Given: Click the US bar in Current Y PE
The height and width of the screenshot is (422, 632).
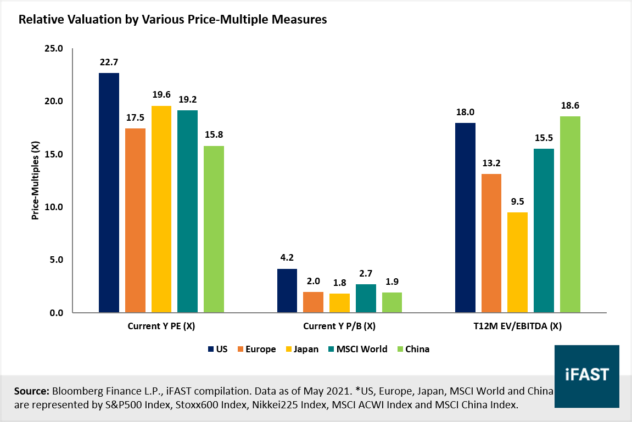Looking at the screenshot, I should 109,193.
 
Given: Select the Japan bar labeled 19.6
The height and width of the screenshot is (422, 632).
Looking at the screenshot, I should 161,209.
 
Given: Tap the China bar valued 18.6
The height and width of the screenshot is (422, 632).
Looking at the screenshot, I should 570,215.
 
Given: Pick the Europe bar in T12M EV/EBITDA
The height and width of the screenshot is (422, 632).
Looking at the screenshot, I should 491,243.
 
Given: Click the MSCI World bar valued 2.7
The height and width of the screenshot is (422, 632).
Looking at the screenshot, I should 366,299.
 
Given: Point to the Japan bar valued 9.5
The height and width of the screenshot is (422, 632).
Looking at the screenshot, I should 517,262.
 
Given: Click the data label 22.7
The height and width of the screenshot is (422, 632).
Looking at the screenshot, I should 109,62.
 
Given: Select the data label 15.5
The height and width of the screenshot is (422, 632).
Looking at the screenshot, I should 544,138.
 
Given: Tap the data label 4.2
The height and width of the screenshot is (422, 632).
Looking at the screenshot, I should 287,258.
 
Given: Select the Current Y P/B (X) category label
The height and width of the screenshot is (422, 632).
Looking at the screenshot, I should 339,327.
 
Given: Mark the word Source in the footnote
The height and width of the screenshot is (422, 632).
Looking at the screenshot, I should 31,391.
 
